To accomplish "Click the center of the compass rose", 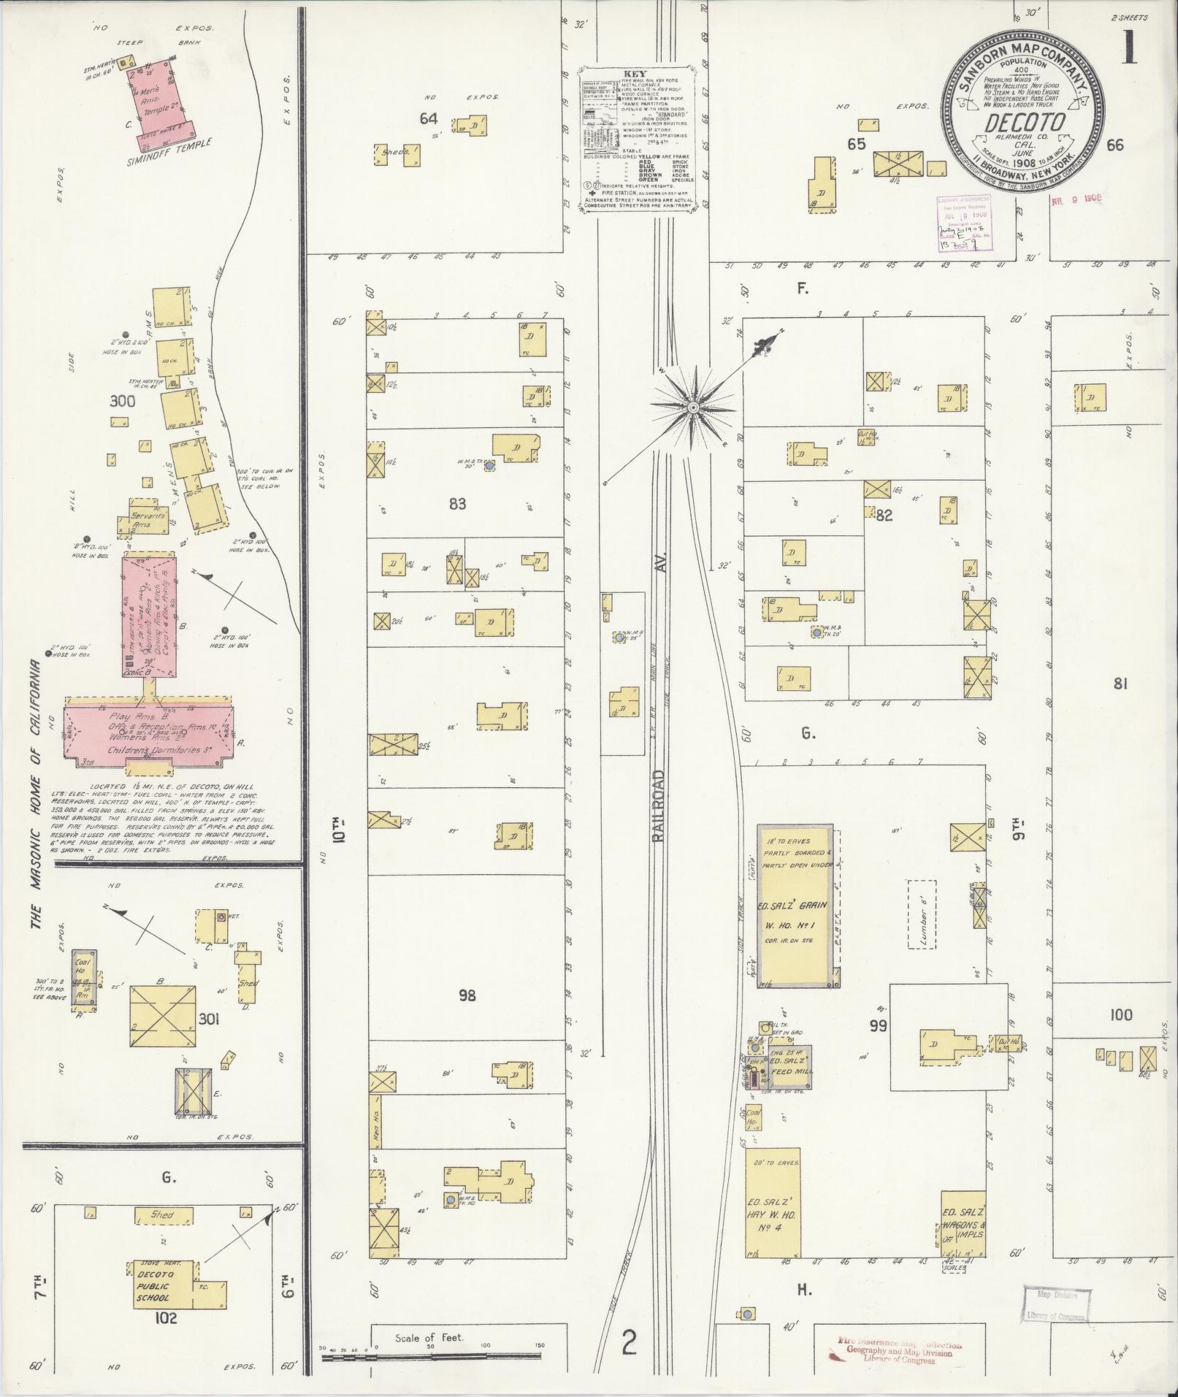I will pos(692,406).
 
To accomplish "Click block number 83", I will pos(458,503).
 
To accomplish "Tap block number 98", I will pos(467,995).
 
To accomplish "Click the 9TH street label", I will pos(1017,833).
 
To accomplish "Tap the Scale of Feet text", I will pos(429,1338).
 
